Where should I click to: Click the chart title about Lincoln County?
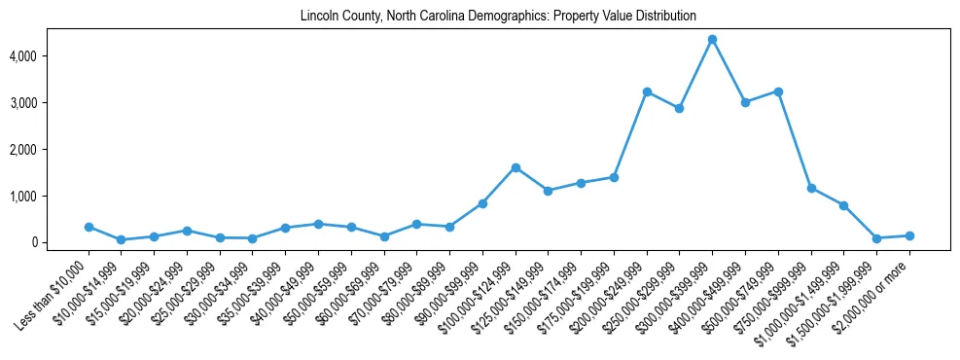498,17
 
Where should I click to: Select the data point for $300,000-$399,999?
712,39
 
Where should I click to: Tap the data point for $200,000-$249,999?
647,91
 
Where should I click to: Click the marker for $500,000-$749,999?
778,91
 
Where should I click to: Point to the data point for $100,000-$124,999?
516,167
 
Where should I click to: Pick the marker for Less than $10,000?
89,227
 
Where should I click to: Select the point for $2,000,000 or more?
909,235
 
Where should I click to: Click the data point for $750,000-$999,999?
811,188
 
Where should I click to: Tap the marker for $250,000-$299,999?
680,108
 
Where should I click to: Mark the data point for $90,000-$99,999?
482,203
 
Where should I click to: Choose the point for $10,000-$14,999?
122,239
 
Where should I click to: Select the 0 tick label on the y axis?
60,242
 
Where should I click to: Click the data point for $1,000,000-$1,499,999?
844,205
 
